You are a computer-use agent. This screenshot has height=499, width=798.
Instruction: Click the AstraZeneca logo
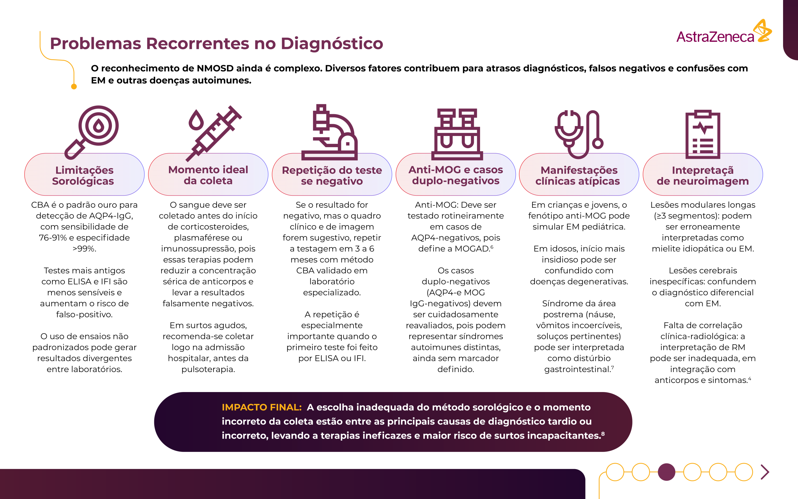pyautogui.click(x=724, y=33)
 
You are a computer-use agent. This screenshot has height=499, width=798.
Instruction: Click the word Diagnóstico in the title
pyautogui.click(x=332, y=44)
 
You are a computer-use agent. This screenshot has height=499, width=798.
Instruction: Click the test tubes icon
pyautogui.click(x=457, y=133)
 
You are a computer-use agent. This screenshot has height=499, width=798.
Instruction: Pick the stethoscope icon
pyautogui.click(x=579, y=133)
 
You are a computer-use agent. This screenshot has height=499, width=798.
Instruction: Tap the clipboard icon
pyautogui.click(x=702, y=134)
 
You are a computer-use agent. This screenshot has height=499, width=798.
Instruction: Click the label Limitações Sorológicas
pyautogui.click(x=84, y=176)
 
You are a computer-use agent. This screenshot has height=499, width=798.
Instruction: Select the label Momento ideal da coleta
pyautogui.click(x=208, y=175)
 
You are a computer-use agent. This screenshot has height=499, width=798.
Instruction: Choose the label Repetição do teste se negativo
pyautogui.click(x=332, y=176)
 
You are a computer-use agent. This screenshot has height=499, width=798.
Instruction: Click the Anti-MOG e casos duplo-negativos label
pyautogui.click(x=456, y=175)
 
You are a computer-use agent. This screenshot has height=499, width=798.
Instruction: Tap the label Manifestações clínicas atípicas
pyautogui.click(x=579, y=176)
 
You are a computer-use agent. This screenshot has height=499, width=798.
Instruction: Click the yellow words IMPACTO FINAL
pyautogui.click(x=262, y=407)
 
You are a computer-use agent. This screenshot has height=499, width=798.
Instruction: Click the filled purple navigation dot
pyautogui.click(x=666, y=472)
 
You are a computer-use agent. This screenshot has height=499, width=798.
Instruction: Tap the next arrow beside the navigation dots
pyautogui.click(x=765, y=472)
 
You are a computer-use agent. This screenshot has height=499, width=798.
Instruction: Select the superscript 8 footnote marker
pyautogui.click(x=603, y=434)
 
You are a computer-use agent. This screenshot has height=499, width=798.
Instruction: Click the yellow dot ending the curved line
pyautogui.click(x=74, y=87)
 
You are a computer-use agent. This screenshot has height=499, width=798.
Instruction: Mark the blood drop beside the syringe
pyautogui.click(x=196, y=120)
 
